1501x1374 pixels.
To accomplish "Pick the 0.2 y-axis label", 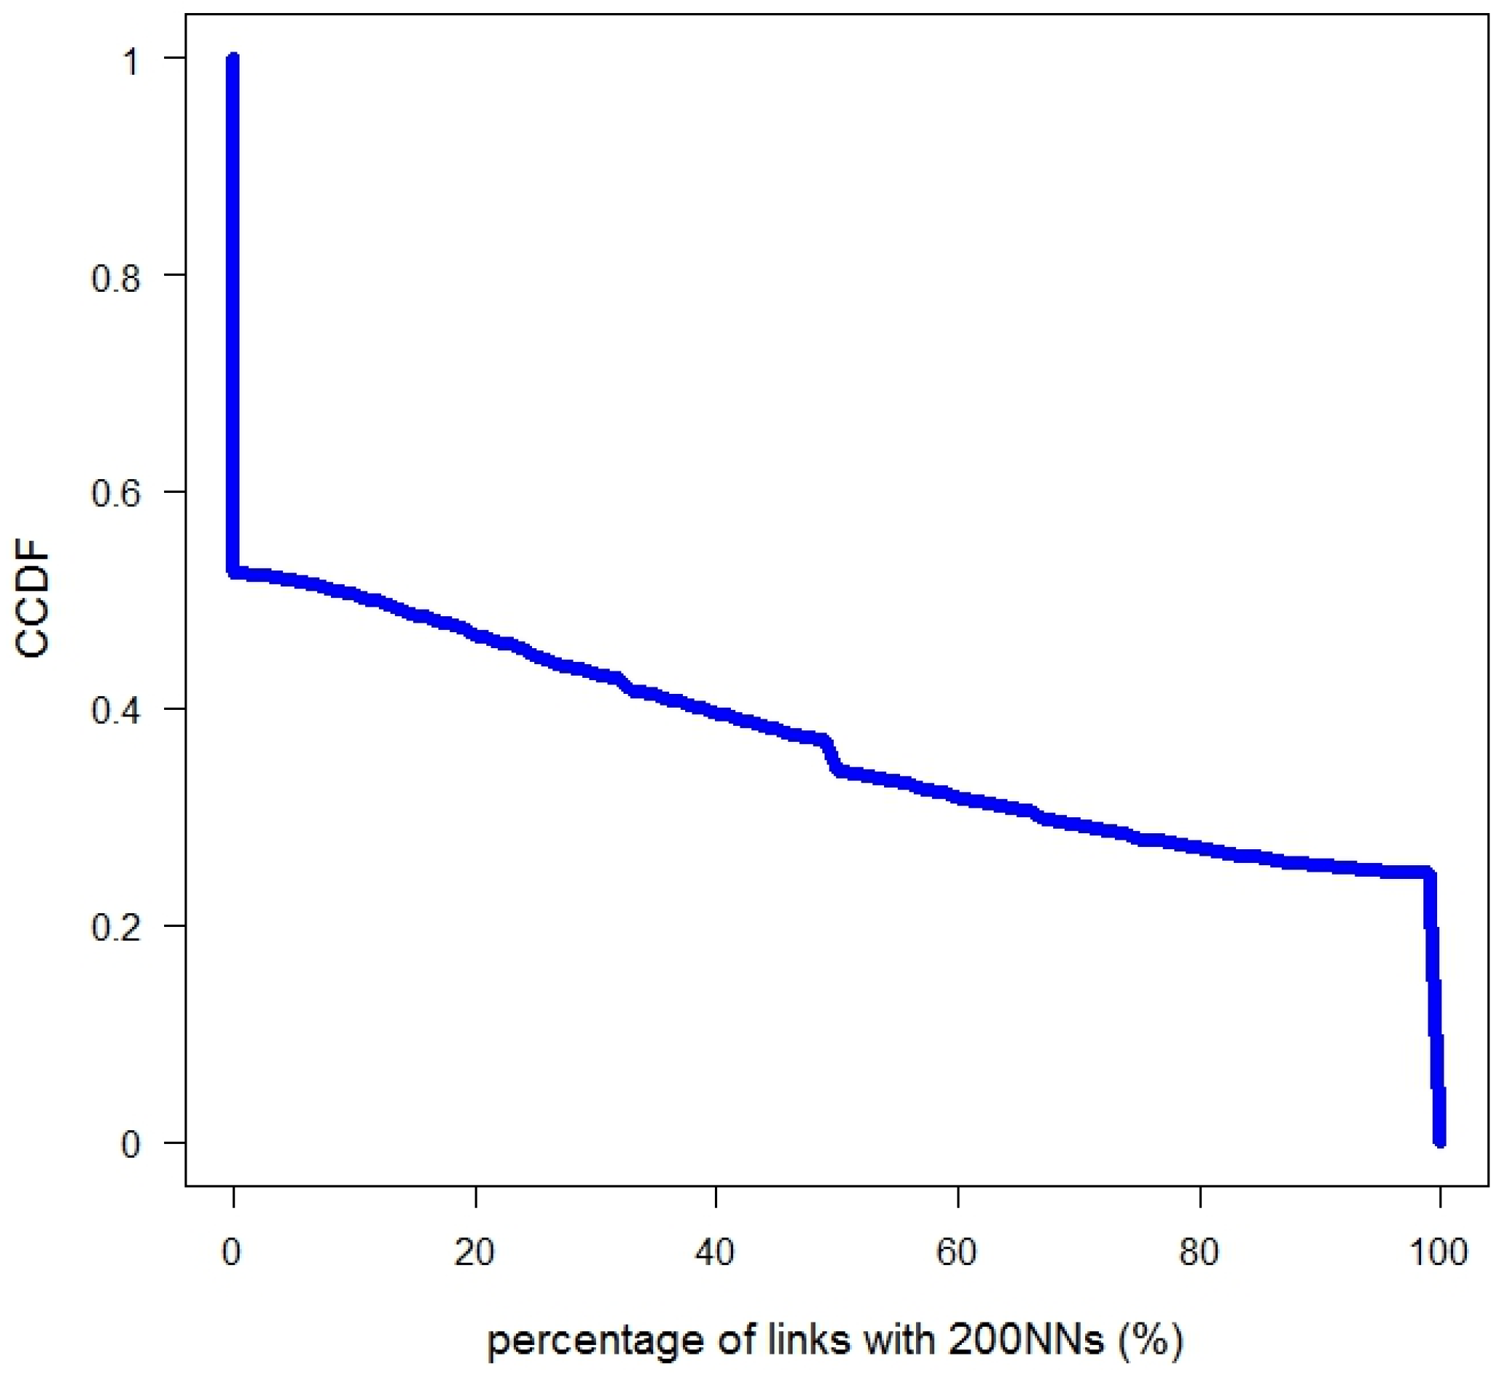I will (x=115, y=927).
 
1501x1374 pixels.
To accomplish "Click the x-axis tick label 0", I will (x=232, y=1254).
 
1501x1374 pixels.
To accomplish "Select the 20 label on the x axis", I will (x=474, y=1254).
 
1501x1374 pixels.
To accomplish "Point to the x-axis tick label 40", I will (x=716, y=1254).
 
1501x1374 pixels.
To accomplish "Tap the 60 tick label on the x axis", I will (x=957, y=1254).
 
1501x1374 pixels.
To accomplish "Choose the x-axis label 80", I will (x=1199, y=1254).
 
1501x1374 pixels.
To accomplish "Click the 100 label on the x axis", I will (x=1439, y=1254).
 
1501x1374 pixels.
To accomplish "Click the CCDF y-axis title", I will (x=32, y=603).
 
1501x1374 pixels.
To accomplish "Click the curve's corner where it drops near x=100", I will (x=1428, y=872).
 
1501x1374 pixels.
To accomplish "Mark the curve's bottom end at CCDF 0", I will (x=1440, y=1140).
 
